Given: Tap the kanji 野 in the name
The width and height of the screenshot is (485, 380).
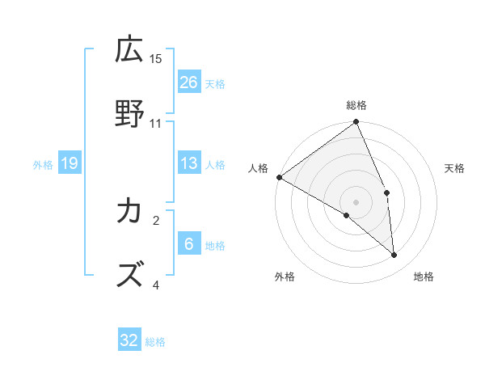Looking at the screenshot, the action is (130, 114).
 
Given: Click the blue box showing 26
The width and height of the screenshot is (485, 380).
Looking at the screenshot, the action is (189, 82).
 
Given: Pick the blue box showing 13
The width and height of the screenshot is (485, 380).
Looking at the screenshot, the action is (189, 163).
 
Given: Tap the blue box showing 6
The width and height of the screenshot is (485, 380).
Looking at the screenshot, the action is (189, 244).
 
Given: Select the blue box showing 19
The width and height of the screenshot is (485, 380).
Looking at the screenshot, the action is (70, 163).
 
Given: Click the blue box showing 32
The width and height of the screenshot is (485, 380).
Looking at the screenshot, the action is (129, 340).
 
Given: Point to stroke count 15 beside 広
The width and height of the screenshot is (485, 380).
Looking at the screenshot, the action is (156, 59).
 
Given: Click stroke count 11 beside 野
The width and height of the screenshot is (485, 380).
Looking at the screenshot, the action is (156, 124).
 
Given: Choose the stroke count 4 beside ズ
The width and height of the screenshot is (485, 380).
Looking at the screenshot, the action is (156, 285).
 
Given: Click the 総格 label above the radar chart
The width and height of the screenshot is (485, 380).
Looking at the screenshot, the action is (356, 105).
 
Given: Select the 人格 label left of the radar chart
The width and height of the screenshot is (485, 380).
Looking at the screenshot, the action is (258, 167).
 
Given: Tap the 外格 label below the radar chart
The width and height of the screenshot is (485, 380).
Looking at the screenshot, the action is (284, 277).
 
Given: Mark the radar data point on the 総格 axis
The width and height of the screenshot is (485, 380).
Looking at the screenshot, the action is (356, 123).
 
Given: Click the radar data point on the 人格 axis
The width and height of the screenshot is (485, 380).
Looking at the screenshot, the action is (279, 177).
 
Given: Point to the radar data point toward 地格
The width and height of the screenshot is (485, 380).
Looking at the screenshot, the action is (394, 255).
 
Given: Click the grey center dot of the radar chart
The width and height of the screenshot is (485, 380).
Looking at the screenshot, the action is (356, 201).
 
